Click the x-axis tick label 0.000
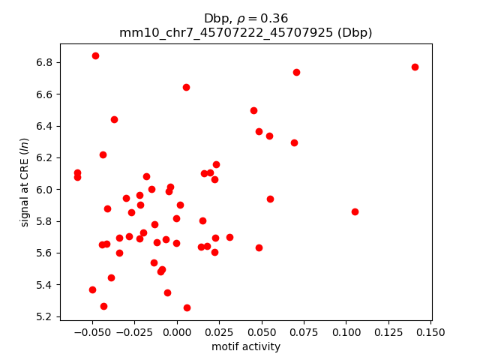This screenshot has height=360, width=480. click(x=176, y=333)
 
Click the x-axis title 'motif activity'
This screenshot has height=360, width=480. click(x=246, y=346)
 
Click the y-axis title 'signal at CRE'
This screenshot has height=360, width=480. click(x=25, y=182)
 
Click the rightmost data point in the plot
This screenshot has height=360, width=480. click(x=415, y=67)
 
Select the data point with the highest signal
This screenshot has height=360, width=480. click(x=95, y=55)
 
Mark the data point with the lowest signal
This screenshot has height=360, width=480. click(x=187, y=307)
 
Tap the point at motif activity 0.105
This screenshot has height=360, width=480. click(x=355, y=211)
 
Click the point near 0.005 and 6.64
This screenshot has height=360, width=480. click(x=186, y=87)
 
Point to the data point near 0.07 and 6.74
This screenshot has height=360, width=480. click(x=296, y=72)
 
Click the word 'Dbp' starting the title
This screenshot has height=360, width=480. click(x=215, y=19)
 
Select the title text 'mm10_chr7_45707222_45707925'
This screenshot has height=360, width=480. click(x=226, y=33)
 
